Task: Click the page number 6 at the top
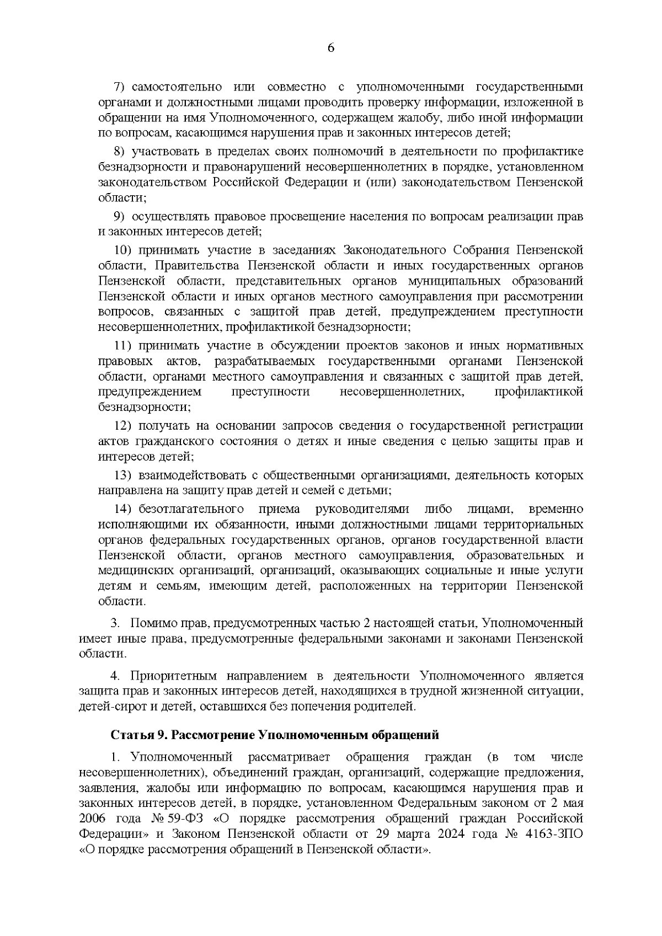[331, 48]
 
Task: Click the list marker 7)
[120, 87]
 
